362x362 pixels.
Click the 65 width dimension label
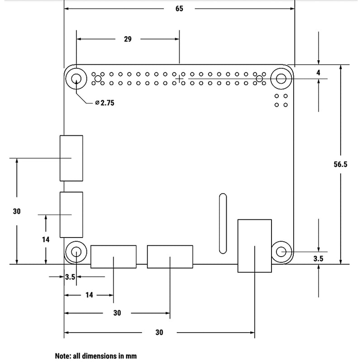point(179,9)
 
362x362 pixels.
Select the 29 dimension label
point(128,39)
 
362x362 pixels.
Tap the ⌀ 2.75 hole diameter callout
point(105,103)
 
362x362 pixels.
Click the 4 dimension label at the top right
point(319,72)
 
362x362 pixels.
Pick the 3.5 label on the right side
point(319,259)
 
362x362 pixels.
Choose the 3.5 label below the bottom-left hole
point(69,277)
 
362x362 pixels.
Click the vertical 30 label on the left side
point(17,211)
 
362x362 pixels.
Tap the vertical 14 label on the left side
point(46,239)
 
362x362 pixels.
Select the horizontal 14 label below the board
point(89,295)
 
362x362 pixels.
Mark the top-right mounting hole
point(281,79)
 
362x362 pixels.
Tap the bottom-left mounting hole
point(76,252)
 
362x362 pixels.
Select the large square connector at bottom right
point(255,245)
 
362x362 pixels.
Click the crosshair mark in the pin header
point(180,79)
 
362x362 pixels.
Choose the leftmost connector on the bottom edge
point(114,256)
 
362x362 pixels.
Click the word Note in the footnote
point(63,356)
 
